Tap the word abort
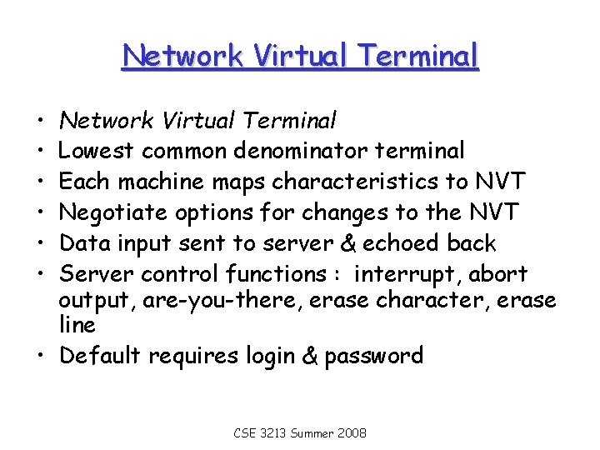pyautogui.click(x=499, y=274)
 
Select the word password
pyautogui.click(x=374, y=356)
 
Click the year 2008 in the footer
pyautogui.click(x=354, y=434)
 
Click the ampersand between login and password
pyautogui.click(x=308, y=356)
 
